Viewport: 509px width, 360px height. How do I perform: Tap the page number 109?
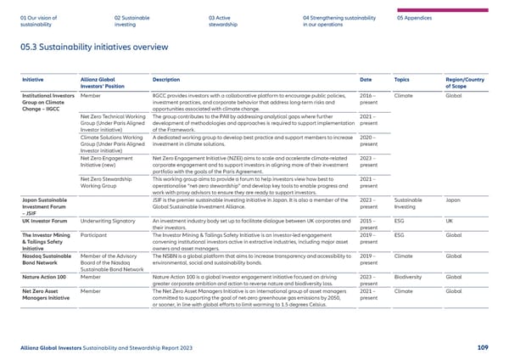(482, 346)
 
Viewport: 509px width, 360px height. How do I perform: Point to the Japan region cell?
(453, 200)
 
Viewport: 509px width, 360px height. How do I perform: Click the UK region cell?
(450, 221)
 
